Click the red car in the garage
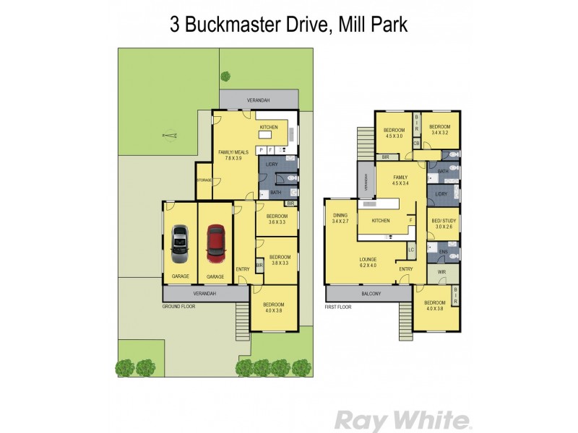215,244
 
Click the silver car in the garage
179,244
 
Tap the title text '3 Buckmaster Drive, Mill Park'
289,25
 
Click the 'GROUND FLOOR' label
179,306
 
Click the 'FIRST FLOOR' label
340,306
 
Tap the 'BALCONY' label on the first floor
368,294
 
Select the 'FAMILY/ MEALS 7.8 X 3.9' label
233,154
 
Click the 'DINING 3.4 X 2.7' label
340,218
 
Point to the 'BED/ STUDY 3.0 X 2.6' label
443,223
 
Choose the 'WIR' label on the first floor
442,272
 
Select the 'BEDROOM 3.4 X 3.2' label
440,130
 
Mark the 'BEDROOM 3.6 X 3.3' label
277,219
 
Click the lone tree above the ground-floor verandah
225,75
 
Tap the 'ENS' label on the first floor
441,252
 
